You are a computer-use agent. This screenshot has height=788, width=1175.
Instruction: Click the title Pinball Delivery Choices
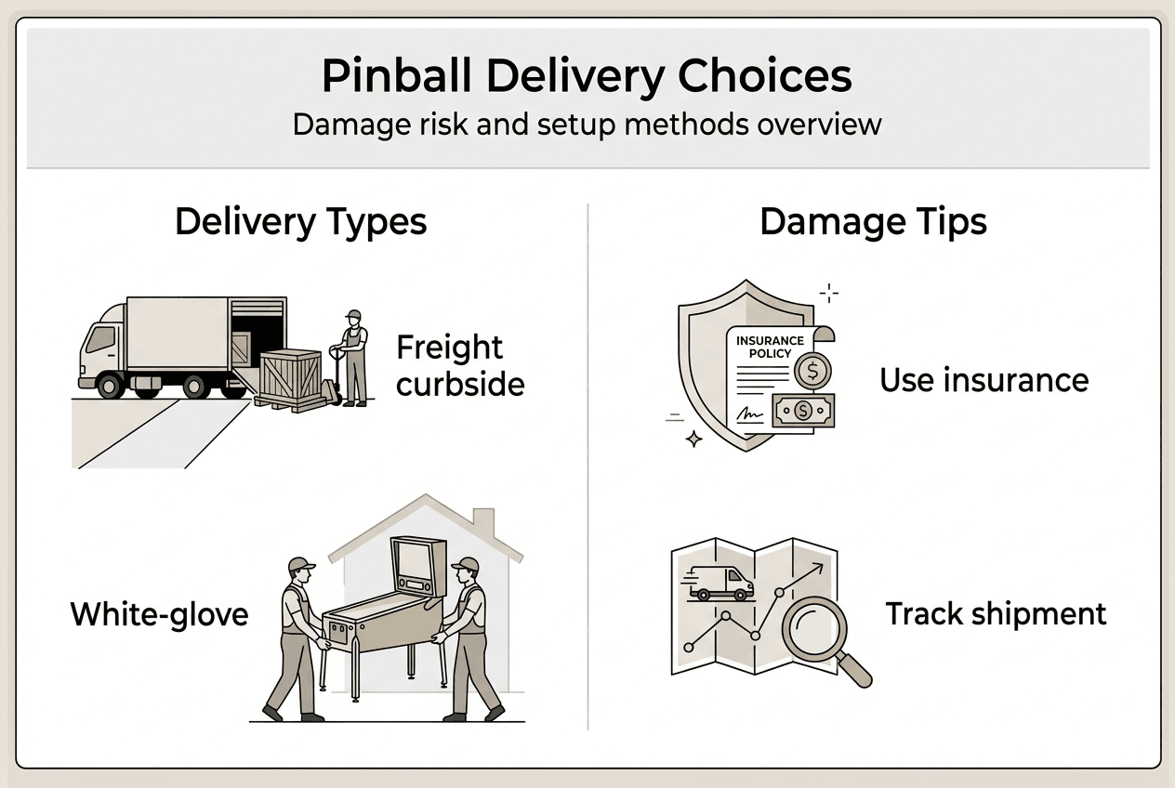tap(587, 77)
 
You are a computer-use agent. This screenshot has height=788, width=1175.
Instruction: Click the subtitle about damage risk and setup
tap(587, 124)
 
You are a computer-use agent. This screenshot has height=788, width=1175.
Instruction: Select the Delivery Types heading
tap(300, 222)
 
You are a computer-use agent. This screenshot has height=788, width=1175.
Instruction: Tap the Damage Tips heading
tap(873, 222)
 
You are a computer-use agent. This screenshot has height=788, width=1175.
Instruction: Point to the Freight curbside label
tap(460, 365)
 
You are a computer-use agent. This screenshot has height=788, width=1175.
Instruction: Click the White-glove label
tap(159, 614)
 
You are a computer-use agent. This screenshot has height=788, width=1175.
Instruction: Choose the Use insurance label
tap(984, 380)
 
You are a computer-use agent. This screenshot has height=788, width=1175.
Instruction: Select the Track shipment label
tap(996, 614)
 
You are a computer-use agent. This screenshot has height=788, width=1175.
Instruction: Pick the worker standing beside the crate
tap(353, 357)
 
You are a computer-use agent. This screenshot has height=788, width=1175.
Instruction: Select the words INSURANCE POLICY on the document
tap(770, 347)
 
